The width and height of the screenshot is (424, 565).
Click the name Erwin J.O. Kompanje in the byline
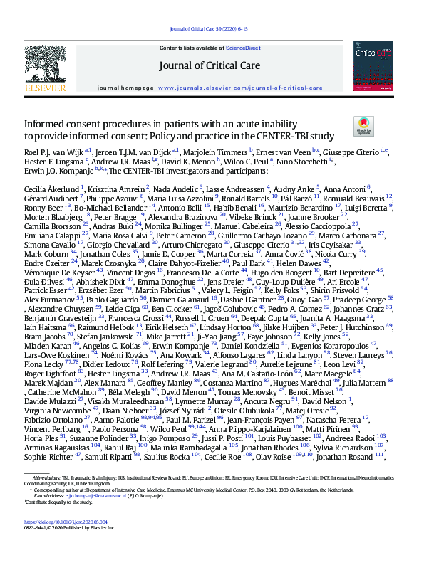(x=54, y=171)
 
